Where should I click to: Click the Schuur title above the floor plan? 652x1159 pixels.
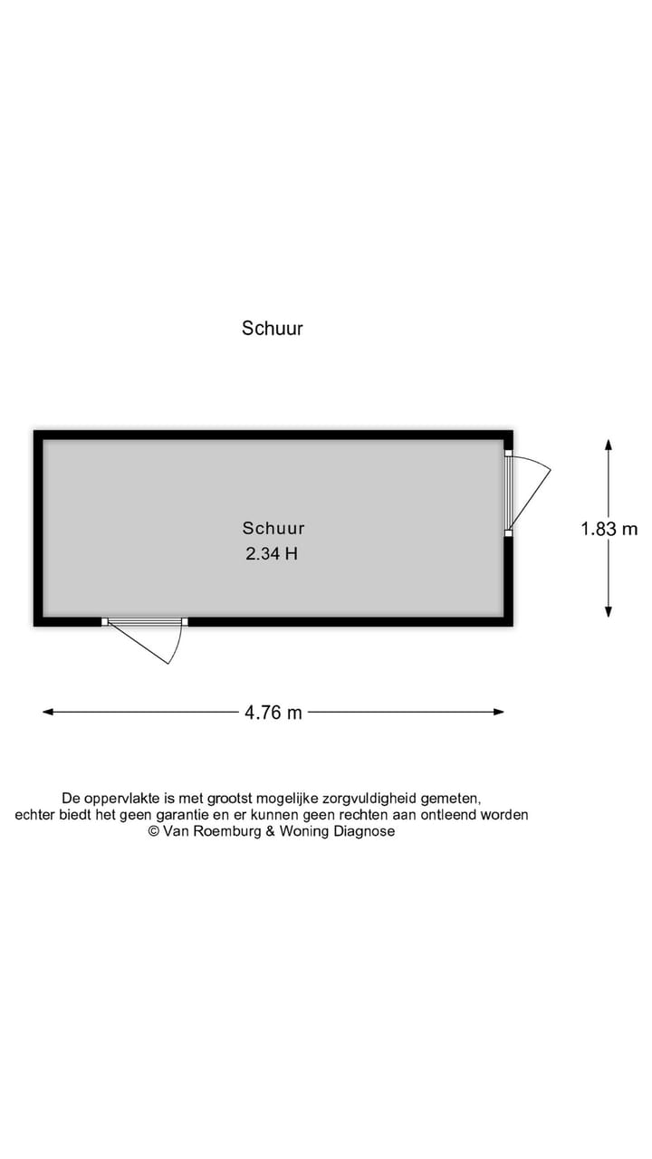point(273,328)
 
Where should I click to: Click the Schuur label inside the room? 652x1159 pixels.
point(273,528)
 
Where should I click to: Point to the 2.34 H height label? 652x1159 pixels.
point(273,553)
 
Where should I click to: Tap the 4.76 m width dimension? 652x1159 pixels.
point(273,713)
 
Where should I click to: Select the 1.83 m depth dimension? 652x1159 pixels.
point(609,529)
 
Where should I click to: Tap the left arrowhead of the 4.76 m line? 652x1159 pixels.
point(48,712)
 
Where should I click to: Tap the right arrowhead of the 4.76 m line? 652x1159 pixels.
point(498,712)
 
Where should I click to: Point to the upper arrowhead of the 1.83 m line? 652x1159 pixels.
point(609,445)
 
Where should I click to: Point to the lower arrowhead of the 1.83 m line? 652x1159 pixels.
point(609,611)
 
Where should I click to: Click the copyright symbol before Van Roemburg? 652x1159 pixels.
point(154,831)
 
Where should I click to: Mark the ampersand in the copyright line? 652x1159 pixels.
point(270,831)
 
